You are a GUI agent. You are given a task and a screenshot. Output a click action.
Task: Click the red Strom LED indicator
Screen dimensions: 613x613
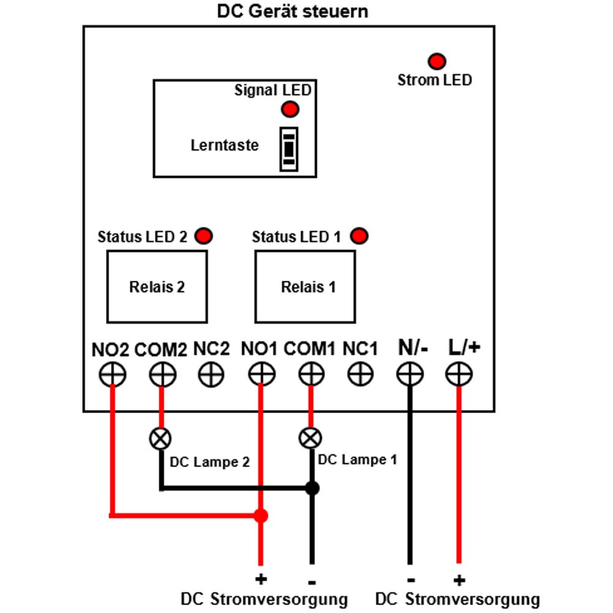click(x=436, y=61)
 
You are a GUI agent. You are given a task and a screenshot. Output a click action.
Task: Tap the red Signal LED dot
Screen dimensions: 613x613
click(x=290, y=109)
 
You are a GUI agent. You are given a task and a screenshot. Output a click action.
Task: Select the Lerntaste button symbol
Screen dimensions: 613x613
click(x=289, y=149)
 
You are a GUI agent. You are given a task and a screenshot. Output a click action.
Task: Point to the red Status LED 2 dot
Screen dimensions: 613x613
click(x=204, y=236)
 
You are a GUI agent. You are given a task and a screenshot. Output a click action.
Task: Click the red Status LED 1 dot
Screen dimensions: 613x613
click(x=359, y=236)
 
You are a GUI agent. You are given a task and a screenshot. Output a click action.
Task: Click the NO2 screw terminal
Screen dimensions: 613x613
click(x=113, y=374)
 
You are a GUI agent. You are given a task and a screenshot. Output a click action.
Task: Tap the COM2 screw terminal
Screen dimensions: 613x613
click(x=162, y=374)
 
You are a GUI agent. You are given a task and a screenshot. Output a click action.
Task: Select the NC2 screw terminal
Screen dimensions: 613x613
click(x=211, y=374)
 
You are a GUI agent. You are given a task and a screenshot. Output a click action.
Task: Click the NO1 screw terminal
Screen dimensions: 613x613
click(x=262, y=374)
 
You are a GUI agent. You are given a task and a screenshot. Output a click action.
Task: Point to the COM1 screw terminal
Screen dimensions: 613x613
click(x=311, y=374)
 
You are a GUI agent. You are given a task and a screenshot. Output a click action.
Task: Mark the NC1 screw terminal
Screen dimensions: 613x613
click(x=360, y=374)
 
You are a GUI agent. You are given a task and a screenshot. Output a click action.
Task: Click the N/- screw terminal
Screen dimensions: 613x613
click(x=409, y=374)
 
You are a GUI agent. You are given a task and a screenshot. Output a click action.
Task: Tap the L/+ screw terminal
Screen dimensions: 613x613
click(x=459, y=374)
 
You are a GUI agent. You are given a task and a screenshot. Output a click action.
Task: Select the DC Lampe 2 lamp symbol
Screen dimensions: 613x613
click(x=160, y=439)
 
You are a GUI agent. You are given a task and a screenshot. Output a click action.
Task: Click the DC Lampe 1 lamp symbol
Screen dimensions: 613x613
click(x=310, y=438)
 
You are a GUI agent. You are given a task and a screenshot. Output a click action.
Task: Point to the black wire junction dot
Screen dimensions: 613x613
click(x=312, y=489)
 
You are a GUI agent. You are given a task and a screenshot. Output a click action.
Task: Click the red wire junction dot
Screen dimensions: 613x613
click(x=261, y=516)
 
